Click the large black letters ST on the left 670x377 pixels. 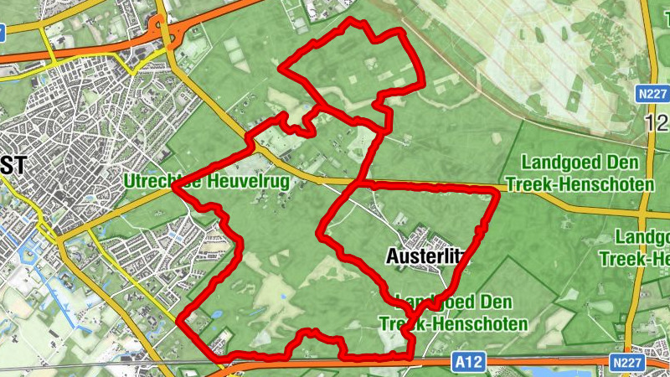pyautogui.click(x=13, y=165)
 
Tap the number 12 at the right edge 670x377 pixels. pyautogui.click(x=657, y=124)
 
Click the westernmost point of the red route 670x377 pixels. pyautogui.click(x=175, y=188)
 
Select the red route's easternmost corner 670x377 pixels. pyautogui.click(x=498, y=193)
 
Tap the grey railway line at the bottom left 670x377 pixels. pyautogui.click(x=84, y=366)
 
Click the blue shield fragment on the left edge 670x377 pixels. pyautogui.click(x=3, y=34)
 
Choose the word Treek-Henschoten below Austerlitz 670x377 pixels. pyautogui.click(x=453, y=323)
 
